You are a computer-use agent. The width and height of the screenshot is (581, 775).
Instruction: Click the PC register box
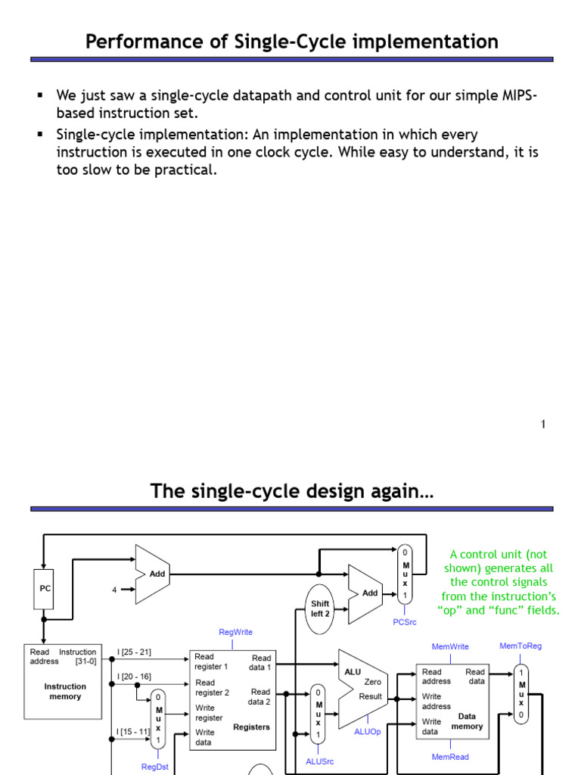click(44, 588)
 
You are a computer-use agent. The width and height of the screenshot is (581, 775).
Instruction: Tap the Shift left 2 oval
click(320, 609)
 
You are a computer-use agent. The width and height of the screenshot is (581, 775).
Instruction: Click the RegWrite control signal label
click(235, 632)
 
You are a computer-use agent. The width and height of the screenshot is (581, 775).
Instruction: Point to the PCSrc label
click(405, 622)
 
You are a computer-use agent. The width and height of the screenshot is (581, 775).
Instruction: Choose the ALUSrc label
click(319, 761)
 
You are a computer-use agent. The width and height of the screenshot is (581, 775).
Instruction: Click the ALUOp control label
click(368, 732)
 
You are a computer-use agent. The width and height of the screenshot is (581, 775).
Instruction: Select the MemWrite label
click(450, 646)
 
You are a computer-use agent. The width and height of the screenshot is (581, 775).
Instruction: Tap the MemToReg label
click(520, 646)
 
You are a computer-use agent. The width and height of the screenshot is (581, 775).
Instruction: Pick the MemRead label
click(450, 757)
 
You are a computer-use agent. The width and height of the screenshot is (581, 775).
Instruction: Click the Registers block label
click(251, 727)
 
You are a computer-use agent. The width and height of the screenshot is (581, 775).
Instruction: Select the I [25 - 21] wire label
click(135, 652)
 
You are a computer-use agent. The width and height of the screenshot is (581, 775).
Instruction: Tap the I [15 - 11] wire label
click(134, 732)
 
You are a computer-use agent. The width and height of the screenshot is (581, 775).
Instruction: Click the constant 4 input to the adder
click(114, 590)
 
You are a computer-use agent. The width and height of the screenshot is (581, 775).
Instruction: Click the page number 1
click(543, 425)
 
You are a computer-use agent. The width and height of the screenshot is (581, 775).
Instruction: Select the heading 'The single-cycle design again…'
click(292, 491)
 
